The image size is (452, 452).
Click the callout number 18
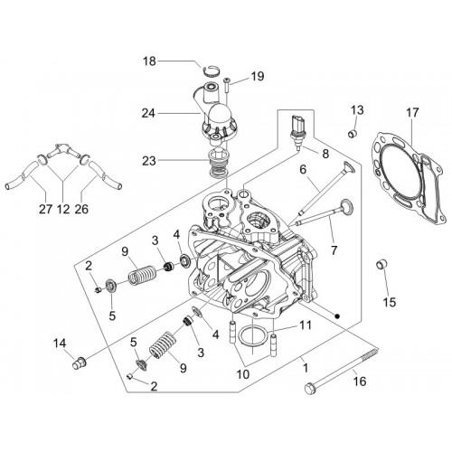(149, 61)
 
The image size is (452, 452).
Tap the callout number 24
(148, 114)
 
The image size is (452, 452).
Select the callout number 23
(149, 161)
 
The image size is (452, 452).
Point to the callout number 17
(412, 113)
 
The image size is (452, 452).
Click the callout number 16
(360, 381)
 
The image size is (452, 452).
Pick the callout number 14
(60, 344)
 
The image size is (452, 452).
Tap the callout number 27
(45, 209)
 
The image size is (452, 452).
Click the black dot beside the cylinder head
(337, 315)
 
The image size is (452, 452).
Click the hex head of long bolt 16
(309, 389)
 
